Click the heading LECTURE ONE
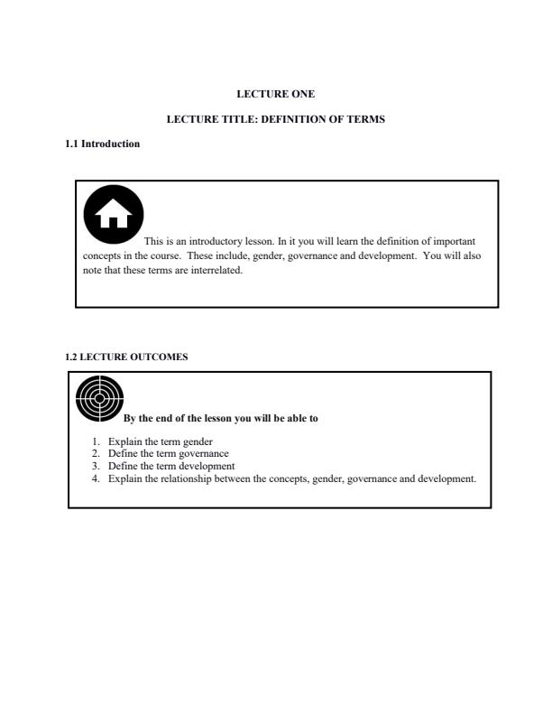[276, 94]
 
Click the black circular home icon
[114, 216]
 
